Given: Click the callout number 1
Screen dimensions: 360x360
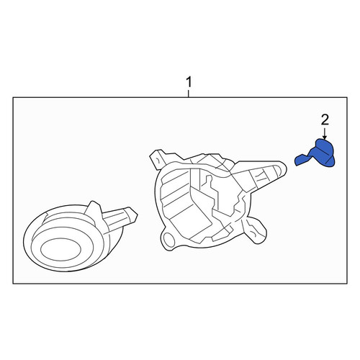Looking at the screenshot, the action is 189,82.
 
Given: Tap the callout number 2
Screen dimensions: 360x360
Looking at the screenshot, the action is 325,120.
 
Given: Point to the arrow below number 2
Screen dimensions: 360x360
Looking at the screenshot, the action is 325,133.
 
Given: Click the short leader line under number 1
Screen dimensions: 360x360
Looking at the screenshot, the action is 189,94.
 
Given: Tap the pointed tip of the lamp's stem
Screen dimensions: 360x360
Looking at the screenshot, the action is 138,215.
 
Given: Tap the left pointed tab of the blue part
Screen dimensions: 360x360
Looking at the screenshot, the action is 300,160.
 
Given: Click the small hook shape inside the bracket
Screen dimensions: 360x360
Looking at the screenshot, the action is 208,181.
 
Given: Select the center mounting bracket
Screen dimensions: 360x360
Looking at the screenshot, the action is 217,199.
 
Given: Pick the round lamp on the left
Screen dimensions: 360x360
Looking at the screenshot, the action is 74,238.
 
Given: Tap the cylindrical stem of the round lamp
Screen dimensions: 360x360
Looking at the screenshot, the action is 120,219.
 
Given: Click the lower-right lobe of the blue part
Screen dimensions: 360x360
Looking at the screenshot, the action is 329,161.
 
